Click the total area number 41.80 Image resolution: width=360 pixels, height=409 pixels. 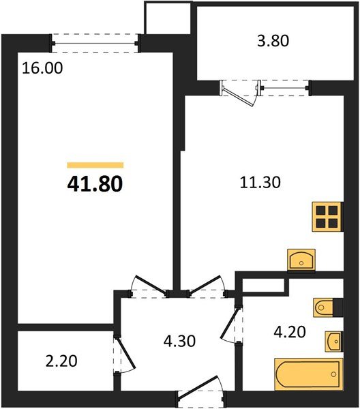click(x=95, y=183)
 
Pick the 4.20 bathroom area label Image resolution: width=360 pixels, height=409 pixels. click(x=286, y=335)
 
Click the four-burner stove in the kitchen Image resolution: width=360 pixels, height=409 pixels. click(x=326, y=216)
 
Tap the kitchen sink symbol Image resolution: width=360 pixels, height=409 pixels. click(x=300, y=259)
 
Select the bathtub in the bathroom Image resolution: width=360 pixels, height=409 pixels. click(x=307, y=374)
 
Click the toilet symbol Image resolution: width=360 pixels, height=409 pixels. click(x=326, y=308)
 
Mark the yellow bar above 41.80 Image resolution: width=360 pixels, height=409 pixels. click(x=95, y=165)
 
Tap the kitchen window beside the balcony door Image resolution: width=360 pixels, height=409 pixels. click(x=285, y=87)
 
